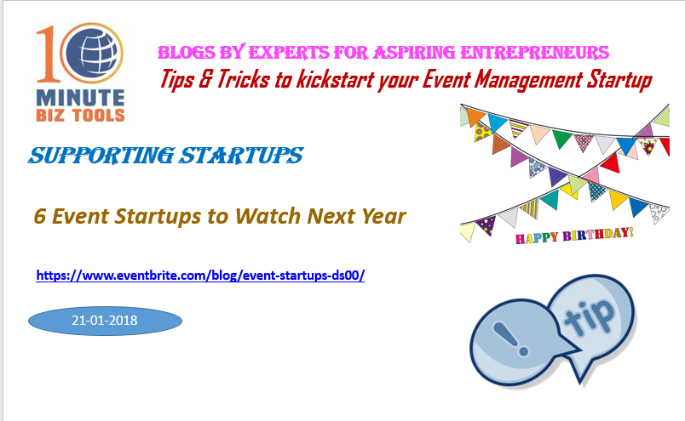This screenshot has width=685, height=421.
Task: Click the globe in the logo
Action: tap(92, 54)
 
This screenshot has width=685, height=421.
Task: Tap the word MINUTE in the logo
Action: tap(80, 99)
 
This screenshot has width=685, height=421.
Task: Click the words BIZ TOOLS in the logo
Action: tap(80, 116)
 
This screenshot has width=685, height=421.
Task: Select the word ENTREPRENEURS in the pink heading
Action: tap(534, 53)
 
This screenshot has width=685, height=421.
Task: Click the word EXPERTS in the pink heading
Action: tap(289, 53)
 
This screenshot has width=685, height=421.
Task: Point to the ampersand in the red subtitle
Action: tap(204, 79)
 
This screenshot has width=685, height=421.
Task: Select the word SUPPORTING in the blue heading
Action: tap(101, 156)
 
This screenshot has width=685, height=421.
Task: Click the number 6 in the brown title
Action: tap(40, 216)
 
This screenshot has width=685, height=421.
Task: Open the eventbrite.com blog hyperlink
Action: tap(200, 276)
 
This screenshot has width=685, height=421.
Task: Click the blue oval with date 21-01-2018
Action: tap(105, 321)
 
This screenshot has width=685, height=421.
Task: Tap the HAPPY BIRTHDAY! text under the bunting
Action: tap(574, 236)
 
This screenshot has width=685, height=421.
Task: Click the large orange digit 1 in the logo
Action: tap(47, 54)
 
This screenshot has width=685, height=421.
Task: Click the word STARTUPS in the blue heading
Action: tap(242, 156)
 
